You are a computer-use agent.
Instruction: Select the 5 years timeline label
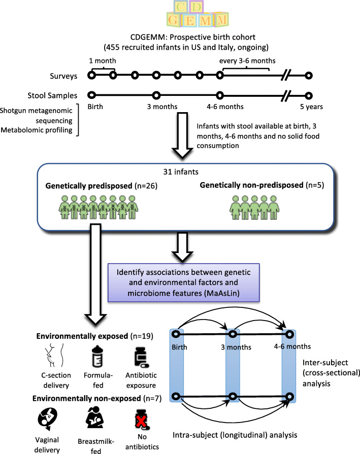tap(309, 107)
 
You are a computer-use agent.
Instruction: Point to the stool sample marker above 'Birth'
tap(91, 95)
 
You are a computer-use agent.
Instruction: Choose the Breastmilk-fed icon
tap(93, 419)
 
